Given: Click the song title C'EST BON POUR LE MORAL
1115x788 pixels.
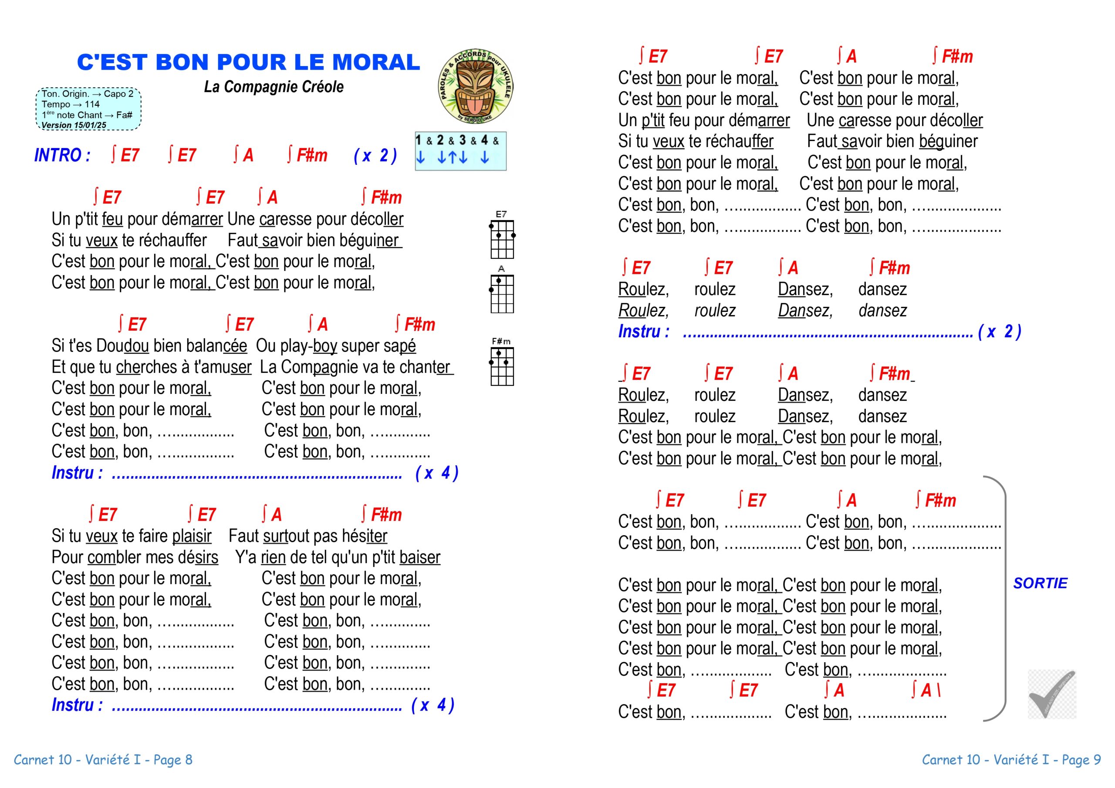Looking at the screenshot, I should pos(248,62).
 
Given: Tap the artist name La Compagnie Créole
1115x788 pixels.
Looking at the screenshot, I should pos(274,87).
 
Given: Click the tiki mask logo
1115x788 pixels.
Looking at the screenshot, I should pos(476,86).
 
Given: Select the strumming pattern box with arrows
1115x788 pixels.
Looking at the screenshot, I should pos(460,151).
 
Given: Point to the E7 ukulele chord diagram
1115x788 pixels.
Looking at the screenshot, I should pos(502,236).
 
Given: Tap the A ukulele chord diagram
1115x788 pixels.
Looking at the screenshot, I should pos(502,291).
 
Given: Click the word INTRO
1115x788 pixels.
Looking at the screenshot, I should pos(62,155).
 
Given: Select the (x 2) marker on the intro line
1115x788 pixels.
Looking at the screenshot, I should pos(375,156).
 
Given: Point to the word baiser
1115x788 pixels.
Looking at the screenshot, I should pos(419,557).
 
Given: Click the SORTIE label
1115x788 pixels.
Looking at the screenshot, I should pos(1040,583).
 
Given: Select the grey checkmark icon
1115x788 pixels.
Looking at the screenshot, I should pos(1051,694).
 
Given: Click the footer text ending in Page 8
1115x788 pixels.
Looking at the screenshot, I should pos(103,760).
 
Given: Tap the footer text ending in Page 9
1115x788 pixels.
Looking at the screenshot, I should pos(1011,760).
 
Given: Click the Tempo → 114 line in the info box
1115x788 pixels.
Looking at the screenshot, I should pos(71,104).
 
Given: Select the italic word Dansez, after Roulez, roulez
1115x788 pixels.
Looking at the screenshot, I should pos(805,311).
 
